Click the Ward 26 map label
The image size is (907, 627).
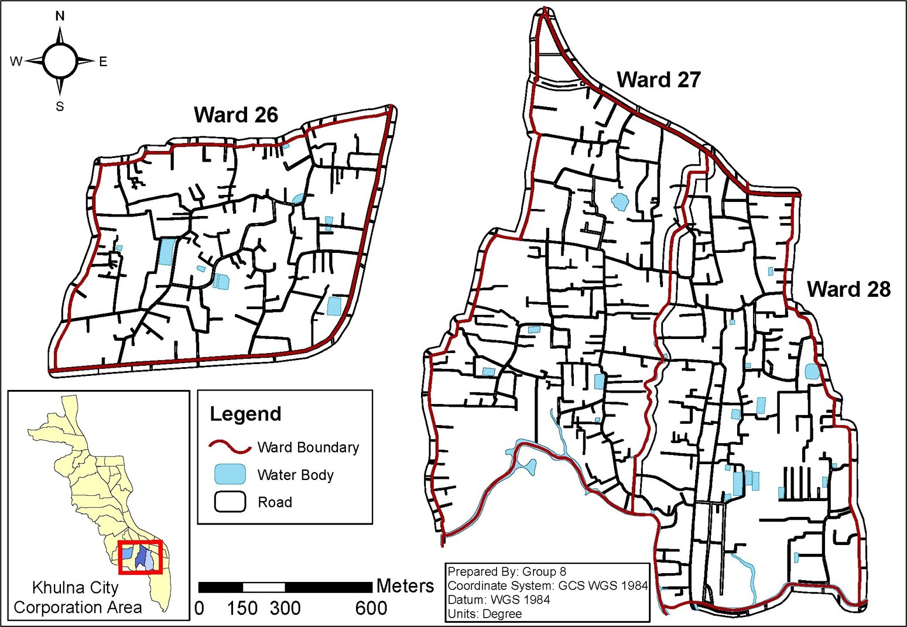(236, 115)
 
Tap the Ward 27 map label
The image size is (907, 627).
(659, 80)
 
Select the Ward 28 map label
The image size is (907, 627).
(848, 289)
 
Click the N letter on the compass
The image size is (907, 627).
(60, 16)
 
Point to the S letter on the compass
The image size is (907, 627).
(60, 107)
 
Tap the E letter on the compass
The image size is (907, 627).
(103, 61)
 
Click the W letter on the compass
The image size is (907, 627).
(16, 61)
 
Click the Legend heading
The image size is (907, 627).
(245, 414)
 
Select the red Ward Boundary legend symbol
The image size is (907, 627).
(230, 447)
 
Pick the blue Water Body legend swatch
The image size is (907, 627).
(230, 474)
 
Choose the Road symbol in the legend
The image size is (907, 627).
(230, 502)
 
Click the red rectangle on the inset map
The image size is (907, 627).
(140, 557)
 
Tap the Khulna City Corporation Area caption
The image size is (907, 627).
(77, 597)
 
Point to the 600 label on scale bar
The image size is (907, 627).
(371, 608)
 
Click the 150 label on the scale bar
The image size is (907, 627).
(242, 608)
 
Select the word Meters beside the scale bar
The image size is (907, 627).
(405, 586)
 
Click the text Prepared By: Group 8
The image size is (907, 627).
(506, 571)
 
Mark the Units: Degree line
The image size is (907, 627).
(484, 614)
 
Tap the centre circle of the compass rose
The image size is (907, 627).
(60, 61)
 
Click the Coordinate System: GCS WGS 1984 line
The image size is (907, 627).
(547, 585)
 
